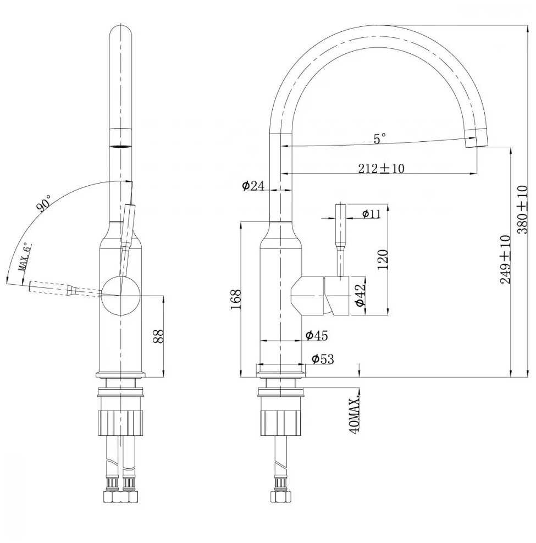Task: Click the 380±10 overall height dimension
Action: (x=522, y=209)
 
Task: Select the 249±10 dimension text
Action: (x=505, y=259)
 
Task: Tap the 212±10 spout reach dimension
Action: (x=381, y=168)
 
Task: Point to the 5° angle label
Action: (x=380, y=138)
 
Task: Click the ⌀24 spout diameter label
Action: (x=253, y=186)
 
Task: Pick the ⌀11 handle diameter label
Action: (x=372, y=214)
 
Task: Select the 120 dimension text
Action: (x=383, y=259)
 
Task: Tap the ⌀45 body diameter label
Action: (x=316, y=335)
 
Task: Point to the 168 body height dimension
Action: (x=235, y=300)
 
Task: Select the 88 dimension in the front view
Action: (x=158, y=336)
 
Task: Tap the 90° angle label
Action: (x=43, y=203)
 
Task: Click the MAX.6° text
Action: (x=24, y=257)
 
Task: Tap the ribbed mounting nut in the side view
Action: (x=280, y=423)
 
